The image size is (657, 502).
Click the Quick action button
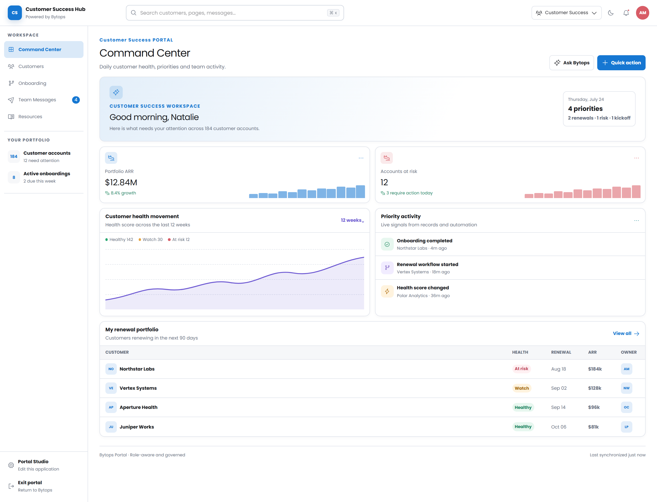tap(621, 63)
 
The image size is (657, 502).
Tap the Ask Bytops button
tap(571, 63)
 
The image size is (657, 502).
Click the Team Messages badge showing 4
tap(76, 100)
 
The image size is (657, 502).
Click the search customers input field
tap(235, 13)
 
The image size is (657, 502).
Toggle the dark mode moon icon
tap(611, 13)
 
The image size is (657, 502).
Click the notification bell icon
tap(626, 13)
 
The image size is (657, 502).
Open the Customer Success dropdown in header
tap(566, 13)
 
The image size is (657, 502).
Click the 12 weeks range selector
tap(352, 220)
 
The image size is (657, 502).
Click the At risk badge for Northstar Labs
tap(521, 369)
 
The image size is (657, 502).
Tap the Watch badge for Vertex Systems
tap(522, 388)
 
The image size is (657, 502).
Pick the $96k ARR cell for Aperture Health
tap(594, 407)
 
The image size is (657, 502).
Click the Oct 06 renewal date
tap(558, 427)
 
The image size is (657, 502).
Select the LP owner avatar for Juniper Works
tap(626, 427)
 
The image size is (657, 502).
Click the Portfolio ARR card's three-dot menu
tap(361, 158)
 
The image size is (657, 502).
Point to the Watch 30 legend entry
tap(151, 240)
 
